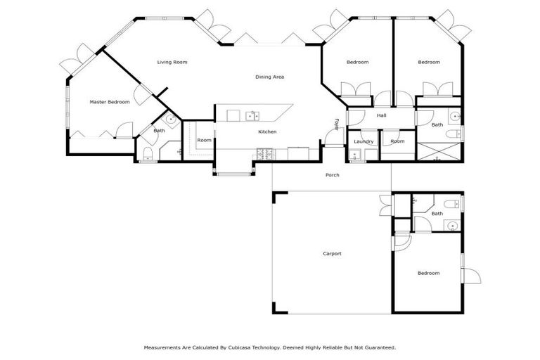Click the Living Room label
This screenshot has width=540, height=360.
[172, 63]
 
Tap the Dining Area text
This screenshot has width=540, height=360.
[269, 77]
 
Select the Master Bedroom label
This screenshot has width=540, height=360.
[110, 102]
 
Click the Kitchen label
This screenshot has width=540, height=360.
[267, 131]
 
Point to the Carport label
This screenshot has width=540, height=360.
[332, 253]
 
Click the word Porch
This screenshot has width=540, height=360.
[332, 175]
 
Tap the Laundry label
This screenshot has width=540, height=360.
[364, 141]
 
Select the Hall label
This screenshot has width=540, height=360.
[382, 115]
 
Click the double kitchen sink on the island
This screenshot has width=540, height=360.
[252, 115]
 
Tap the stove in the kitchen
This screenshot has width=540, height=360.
[265, 153]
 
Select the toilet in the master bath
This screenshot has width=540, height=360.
[147, 155]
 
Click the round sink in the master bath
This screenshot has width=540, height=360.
[170, 120]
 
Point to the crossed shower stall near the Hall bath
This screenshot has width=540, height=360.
[439, 151]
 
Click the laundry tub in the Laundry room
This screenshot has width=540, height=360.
[354, 155]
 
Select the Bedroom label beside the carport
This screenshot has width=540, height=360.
[428, 273]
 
